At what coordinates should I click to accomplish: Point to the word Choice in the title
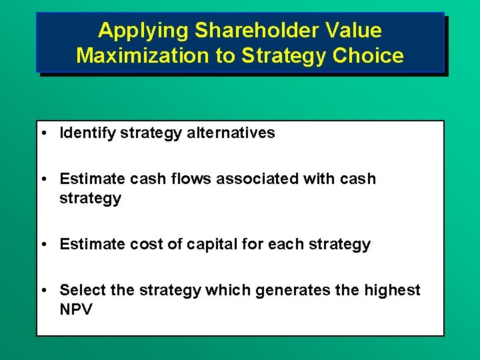click(x=372, y=55)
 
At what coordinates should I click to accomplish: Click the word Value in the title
click(x=358, y=30)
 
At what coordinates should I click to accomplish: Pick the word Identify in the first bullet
click(x=87, y=133)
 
